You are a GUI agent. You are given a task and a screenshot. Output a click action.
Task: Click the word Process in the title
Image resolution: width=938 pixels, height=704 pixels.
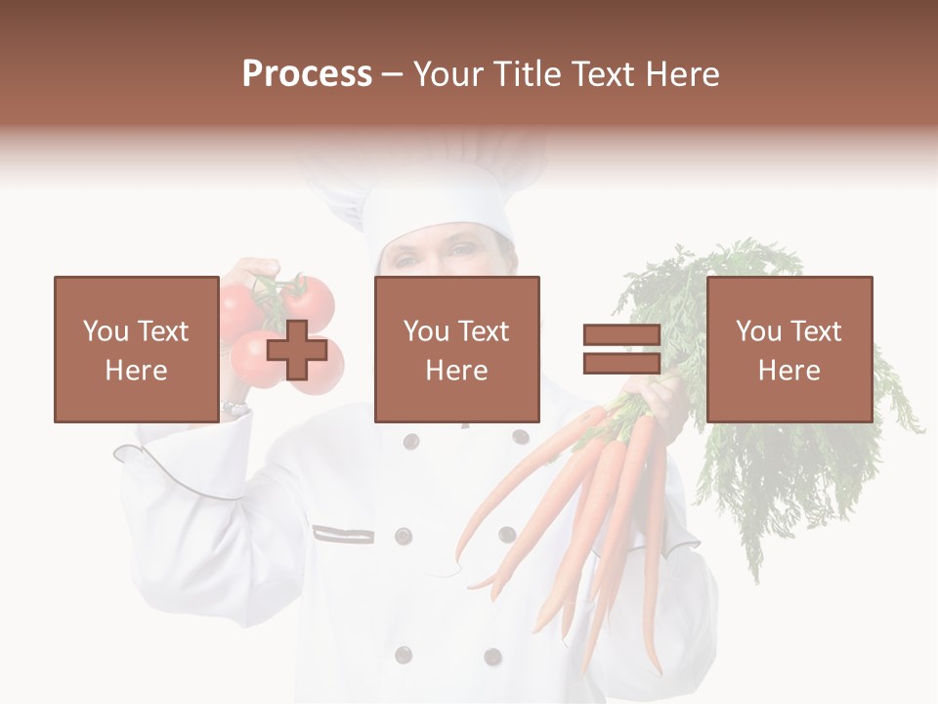tap(307, 74)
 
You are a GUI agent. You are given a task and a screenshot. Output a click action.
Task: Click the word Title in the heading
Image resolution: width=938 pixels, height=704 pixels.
tap(524, 74)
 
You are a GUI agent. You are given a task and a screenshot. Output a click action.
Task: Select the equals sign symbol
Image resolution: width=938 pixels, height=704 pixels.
tap(621, 350)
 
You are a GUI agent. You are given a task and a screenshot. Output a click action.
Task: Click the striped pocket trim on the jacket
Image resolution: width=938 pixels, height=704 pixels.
tap(343, 534)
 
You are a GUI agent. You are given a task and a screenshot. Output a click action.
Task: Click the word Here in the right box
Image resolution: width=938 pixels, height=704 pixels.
tap(789, 371)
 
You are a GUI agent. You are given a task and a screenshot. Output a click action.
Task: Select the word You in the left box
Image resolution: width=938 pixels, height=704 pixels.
tap(106, 331)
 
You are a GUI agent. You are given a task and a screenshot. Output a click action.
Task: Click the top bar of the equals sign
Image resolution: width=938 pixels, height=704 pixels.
tap(621, 335)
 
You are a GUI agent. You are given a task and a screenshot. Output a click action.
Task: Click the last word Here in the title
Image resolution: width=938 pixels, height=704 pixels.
tap(681, 74)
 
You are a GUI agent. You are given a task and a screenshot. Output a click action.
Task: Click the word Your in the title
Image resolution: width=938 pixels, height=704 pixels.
tap(448, 74)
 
